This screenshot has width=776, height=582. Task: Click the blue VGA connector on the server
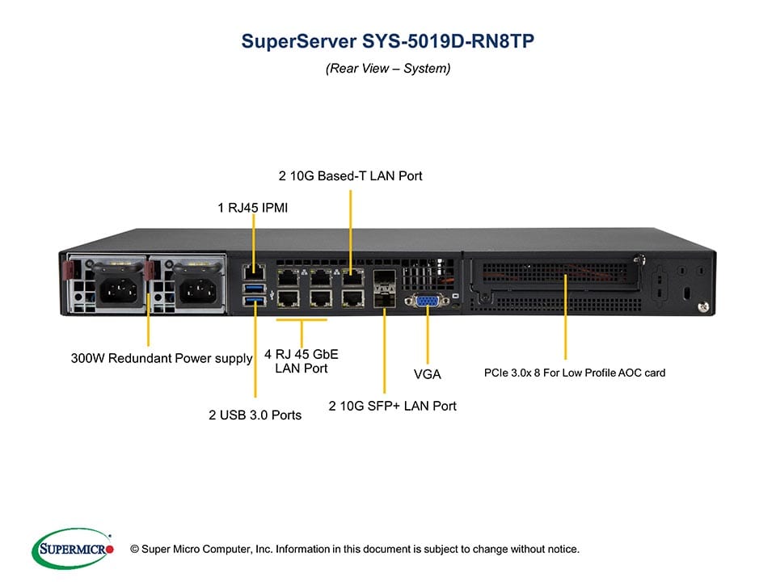point(426,302)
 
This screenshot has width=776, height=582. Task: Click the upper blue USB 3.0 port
point(253,289)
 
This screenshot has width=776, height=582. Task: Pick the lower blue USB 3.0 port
point(253,302)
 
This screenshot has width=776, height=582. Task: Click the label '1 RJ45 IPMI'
point(253,208)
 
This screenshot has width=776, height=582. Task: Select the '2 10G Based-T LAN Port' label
point(351,175)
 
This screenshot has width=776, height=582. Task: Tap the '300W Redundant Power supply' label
point(162,358)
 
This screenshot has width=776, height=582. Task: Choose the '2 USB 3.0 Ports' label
point(255,415)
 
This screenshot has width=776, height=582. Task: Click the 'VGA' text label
point(427,374)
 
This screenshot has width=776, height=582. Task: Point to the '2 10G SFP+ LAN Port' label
point(392,406)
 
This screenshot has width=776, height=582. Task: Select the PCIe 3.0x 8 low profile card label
point(575,373)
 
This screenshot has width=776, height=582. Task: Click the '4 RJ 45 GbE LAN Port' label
point(301,361)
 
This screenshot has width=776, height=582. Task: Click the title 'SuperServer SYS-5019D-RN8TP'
point(387,41)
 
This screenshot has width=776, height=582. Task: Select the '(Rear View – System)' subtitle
point(388,69)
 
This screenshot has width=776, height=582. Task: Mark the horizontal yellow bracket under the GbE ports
point(302,320)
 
